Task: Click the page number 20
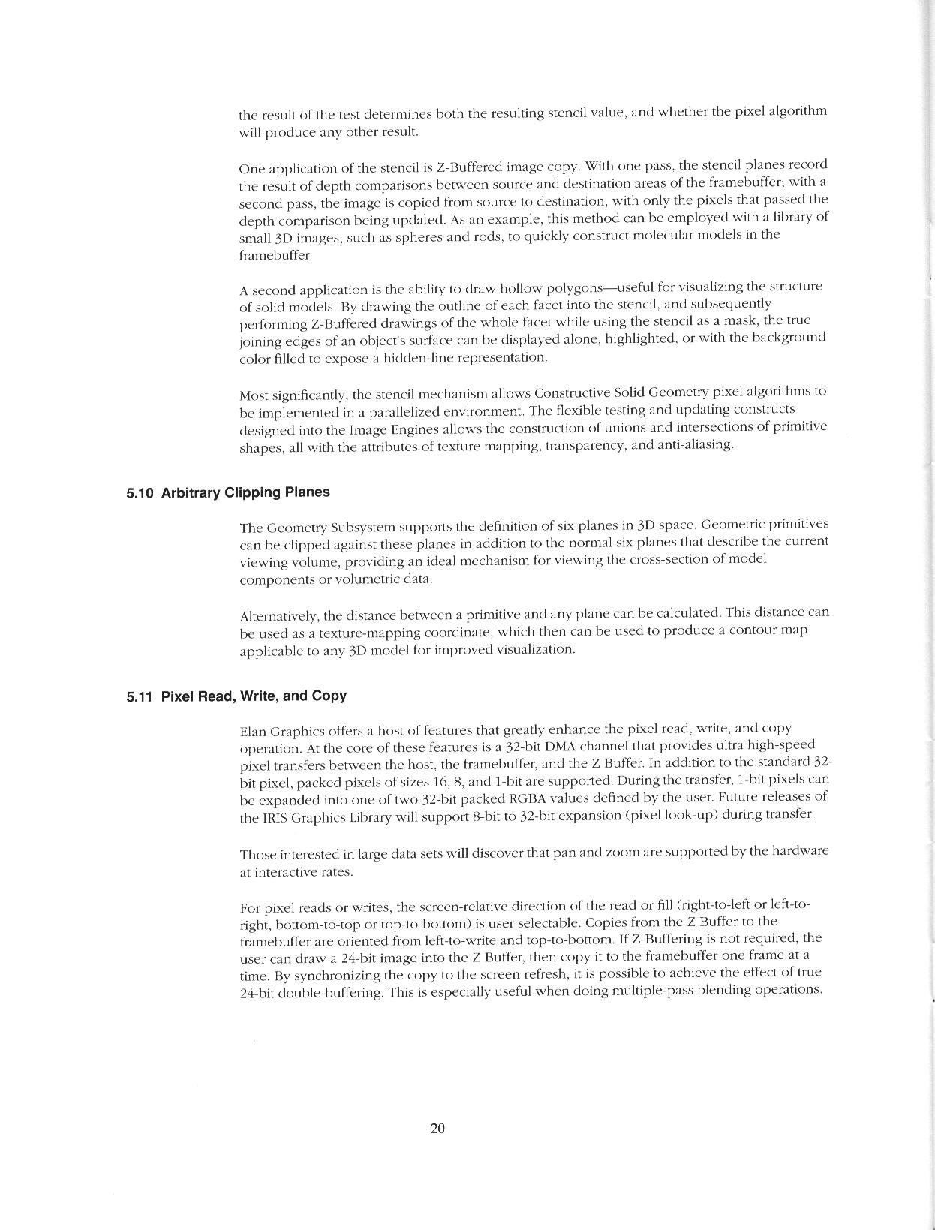[438, 1128]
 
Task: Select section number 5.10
[140, 493]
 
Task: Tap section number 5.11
[140, 696]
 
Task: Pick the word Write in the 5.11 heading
[260, 696]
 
